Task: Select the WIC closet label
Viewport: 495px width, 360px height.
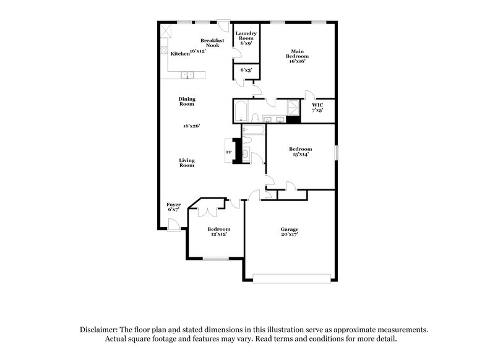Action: [318, 106]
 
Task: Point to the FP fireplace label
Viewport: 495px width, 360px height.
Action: [228, 152]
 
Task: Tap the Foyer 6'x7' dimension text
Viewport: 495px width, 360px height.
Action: [173, 210]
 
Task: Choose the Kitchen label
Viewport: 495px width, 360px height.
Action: [179, 54]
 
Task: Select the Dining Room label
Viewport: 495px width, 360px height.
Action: [187, 101]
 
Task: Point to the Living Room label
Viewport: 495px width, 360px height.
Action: [187, 163]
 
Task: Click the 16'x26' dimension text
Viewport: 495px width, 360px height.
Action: [191, 126]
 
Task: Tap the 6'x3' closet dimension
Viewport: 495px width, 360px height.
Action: [246, 71]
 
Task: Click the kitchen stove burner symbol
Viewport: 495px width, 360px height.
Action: [164, 50]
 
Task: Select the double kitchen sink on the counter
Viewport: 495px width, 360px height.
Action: [187, 75]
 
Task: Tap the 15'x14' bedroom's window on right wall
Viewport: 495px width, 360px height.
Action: [337, 152]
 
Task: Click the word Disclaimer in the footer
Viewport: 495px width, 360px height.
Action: [101, 330]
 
